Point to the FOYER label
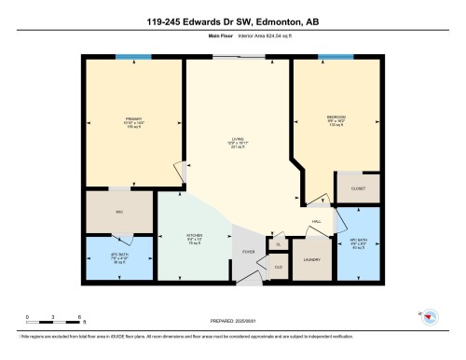[249, 252]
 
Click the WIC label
[119, 213]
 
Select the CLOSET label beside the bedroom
[358, 188]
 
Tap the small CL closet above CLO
[278, 244]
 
